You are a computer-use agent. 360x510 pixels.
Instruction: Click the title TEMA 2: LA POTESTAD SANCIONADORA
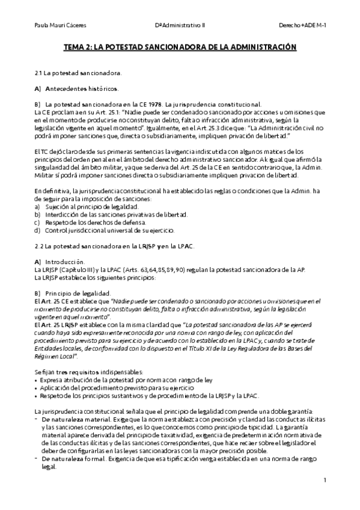180,45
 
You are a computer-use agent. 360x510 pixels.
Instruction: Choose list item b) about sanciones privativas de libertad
99,214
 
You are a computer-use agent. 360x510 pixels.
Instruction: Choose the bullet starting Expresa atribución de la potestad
123,379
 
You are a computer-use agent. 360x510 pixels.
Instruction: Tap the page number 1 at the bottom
325,480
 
